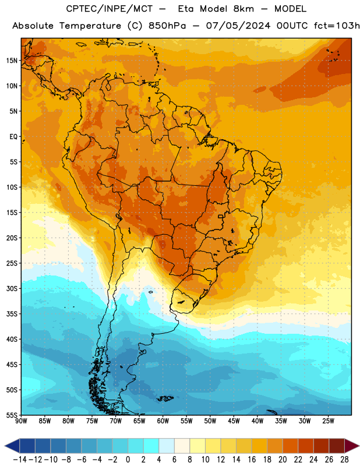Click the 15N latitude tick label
click(12, 61)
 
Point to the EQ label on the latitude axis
click(13, 137)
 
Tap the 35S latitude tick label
click(12, 314)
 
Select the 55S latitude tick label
click(12, 415)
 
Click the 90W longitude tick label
click(21, 421)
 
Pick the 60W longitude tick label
click(163, 421)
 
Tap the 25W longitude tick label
click(328, 421)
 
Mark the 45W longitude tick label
click(234, 421)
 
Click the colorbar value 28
click(344, 460)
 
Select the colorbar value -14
click(20, 460)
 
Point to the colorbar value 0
click(128, 460)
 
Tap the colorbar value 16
click(252, 460)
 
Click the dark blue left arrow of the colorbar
click(12, 446)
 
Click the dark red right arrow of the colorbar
click(352, 446)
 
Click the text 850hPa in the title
click(167, 26)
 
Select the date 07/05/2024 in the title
click(238, 26)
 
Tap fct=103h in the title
click(337, 26)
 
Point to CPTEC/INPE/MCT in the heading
click(109, 9)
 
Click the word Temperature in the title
click(90, 26)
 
